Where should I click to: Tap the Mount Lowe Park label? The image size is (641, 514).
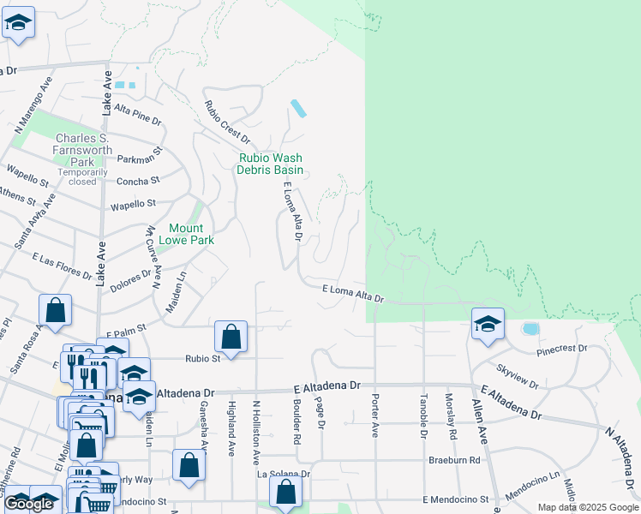186,234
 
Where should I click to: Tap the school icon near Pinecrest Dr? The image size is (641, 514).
488,324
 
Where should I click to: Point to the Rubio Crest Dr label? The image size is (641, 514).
226,123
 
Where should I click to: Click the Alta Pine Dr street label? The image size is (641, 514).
137,115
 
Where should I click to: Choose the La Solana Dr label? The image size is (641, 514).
284,473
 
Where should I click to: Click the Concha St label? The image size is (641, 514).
138,181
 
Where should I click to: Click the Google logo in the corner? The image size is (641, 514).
29,504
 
